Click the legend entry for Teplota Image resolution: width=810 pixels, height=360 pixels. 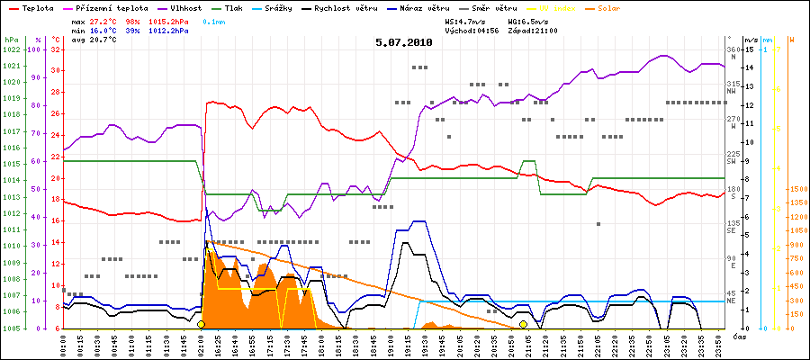click(x=31, y=6)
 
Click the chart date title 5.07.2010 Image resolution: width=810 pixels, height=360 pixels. click(x=404, y=42)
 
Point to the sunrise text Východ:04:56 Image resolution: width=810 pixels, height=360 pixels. click(x=472, y=31)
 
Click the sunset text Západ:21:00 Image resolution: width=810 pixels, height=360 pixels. click(x=533, y=31)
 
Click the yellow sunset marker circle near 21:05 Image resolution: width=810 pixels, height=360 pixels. click(x=523, y=324)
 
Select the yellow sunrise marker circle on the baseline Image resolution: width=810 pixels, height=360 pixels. click(x=201, y=324)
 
